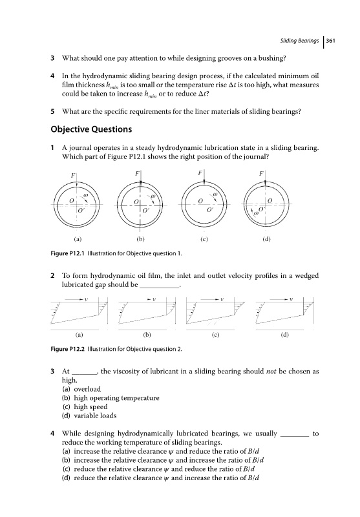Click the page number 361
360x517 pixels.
coord(330,41)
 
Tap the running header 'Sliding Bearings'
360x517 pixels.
coord(299,41)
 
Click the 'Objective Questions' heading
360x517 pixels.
coord(91,129)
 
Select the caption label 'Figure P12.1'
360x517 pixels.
coord(68,253)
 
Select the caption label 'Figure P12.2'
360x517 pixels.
coord(68,349)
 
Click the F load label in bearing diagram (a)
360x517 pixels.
coord(73,175)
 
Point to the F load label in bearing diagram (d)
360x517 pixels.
coord(261,173)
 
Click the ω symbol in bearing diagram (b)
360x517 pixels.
coord(153,196)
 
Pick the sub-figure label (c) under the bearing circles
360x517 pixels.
coord(204,239)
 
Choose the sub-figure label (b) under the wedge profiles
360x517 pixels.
coord(147,335)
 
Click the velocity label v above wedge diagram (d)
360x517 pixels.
coord(291,299)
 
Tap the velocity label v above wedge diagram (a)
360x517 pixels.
coord(87,299)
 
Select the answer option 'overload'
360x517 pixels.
coord(87,389)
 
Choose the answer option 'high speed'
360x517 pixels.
coord(90,407)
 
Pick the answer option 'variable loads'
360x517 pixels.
coord(95,416)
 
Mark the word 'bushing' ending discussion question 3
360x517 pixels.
coord(272,58)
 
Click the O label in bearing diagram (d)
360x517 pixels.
coord(270,200)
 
